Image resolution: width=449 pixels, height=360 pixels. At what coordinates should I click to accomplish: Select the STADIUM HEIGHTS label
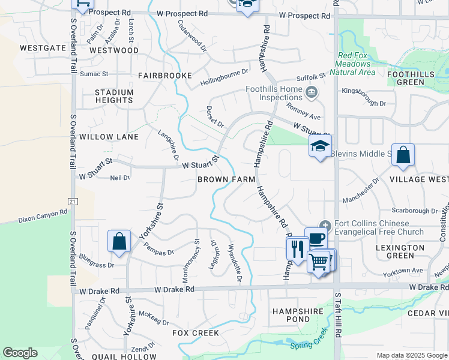[x=114, y=96]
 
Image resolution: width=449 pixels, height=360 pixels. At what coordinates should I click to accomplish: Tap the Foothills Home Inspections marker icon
[x=312, y=92]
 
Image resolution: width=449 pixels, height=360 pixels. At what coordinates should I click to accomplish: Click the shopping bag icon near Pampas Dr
[x=119, y=241]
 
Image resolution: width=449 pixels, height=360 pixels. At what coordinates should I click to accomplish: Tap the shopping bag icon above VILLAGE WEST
[x=403, y=154]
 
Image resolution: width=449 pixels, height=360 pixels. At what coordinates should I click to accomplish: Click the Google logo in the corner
[x=20, y=353]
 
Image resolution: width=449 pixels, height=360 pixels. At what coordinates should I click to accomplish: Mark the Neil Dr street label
[x=120, y=178]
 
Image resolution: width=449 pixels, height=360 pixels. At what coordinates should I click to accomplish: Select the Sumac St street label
[x=94, y=74]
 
